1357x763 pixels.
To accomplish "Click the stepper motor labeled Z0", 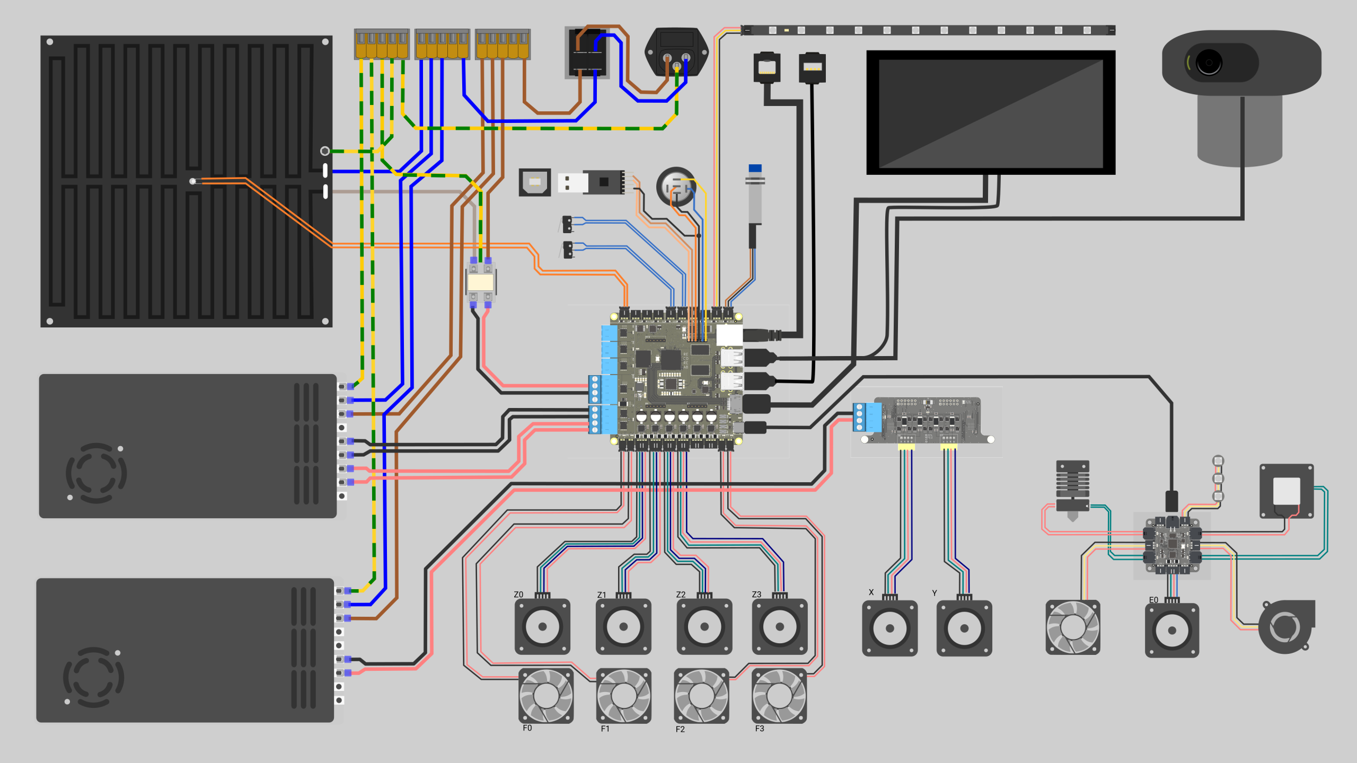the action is coord(542,626).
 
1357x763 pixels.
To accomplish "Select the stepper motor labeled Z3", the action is coord(779,626).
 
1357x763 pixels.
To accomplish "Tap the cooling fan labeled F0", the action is coord(546,696).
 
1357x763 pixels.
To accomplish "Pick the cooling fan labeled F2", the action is coord(701,696).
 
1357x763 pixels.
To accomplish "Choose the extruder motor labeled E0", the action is coord(1172,629).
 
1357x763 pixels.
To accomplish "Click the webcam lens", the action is coord(1209,63).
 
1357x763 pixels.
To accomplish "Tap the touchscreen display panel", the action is coord(991,112).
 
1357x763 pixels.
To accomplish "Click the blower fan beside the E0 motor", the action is coord(1286,626).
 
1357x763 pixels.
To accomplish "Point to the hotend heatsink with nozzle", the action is coord(1072,490).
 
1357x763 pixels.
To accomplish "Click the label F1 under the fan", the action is coord(605,729).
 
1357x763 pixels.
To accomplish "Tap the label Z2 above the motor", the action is coord(681,595).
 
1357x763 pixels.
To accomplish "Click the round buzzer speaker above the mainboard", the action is coord(676,187).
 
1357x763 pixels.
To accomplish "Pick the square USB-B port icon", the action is coord(534,182).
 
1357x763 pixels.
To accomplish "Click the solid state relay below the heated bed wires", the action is coord(481,282).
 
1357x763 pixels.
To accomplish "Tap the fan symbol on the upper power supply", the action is coord(96,473).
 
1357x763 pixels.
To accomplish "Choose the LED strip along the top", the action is coord(928,30).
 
